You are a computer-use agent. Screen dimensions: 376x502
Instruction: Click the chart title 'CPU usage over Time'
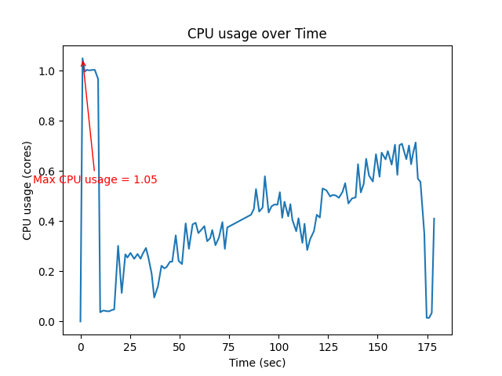(256, 34)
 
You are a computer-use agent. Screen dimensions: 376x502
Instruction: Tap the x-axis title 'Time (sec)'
(256, 363)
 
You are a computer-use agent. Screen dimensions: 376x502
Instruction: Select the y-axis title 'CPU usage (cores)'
(27, 190)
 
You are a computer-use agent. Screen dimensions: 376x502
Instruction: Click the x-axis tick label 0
(81, 346)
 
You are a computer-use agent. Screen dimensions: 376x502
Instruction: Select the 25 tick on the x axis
(130, 346)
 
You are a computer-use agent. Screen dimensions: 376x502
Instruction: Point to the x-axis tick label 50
(180, 346)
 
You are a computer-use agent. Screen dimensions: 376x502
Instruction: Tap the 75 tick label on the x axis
(229, 346)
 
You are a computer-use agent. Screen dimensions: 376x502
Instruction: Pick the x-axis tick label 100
(278, 346)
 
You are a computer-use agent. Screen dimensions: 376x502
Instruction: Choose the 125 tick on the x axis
(328, 346)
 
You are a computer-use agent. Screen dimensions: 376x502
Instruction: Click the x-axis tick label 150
(378, 346)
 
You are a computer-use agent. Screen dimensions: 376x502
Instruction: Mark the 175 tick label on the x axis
(427, 346)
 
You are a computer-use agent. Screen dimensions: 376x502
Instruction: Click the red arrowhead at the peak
(83, 63)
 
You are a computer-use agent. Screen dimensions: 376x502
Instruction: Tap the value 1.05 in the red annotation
(145, 179)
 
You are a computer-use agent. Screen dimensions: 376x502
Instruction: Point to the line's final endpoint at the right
(434, 219)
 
